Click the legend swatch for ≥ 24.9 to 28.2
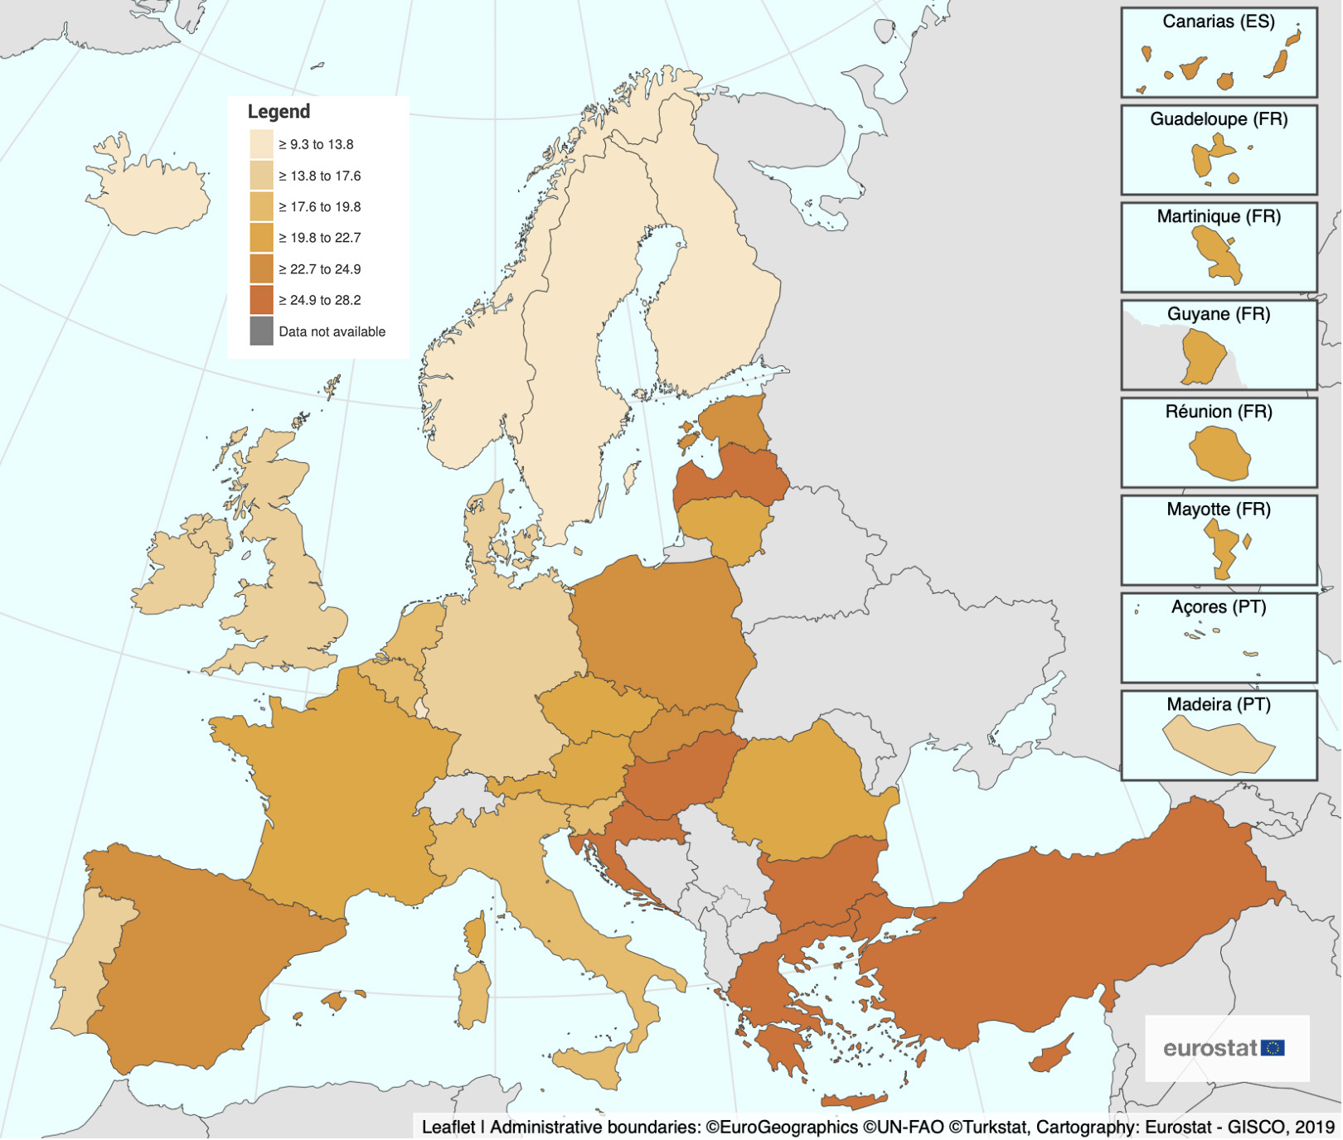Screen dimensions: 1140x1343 (261, 300)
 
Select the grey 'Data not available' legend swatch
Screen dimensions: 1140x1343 (261, 331)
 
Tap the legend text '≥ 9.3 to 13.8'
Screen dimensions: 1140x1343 (316, 144)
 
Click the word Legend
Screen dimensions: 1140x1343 (279, 111)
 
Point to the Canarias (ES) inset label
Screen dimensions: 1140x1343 (1218, 22)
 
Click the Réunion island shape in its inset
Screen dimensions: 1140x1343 (1219, 453)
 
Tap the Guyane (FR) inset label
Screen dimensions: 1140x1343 (1218, 314)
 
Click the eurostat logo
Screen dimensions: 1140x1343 (1224, 1048)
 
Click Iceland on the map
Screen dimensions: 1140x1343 (149, 196)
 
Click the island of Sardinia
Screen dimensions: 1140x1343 (473, 994)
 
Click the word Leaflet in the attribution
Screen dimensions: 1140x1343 (448, 1127)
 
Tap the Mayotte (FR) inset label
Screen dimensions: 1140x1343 (1218, 510)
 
